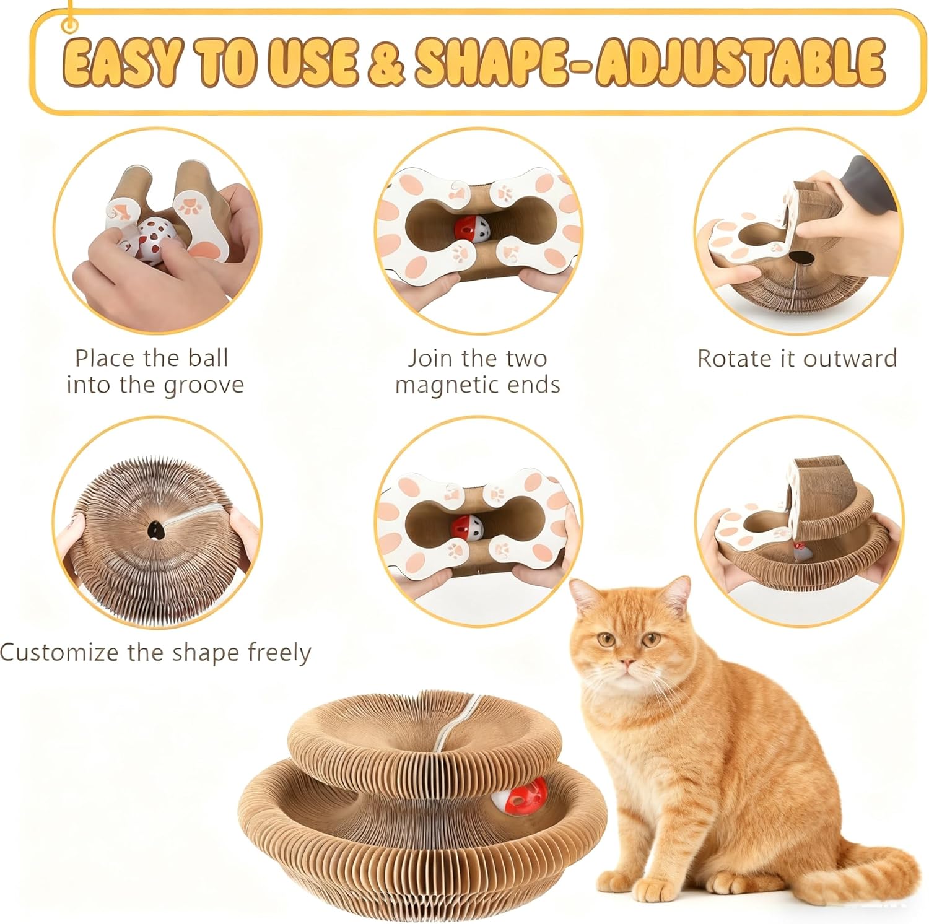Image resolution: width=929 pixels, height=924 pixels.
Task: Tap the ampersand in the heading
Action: coord(386,63)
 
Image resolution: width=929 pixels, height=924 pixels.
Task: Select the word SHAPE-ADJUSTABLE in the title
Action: coord(649,62)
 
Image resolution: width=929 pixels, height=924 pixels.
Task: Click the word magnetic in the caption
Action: coord(441,386)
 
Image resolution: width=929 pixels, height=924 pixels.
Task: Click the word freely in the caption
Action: coord(279,653)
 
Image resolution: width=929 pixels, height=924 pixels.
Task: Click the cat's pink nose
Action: coord(629,665)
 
